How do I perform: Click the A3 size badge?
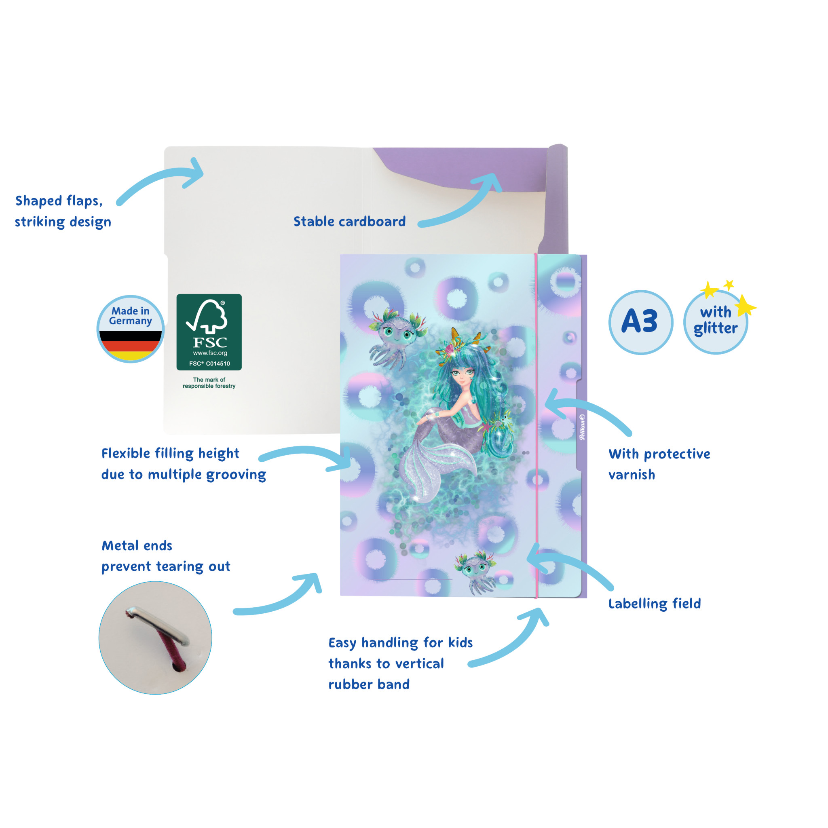(640, 322)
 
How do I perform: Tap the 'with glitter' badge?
(715, 322)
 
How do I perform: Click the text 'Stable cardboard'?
(349, 222)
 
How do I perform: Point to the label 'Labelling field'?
(655, 604)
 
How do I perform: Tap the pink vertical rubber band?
(536, 429)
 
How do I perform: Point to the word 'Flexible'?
(126, 454)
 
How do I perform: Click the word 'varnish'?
(632, 475)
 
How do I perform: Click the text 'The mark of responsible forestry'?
(209, 383)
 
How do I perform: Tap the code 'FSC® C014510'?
(209, 363)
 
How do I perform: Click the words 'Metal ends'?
(137, 545)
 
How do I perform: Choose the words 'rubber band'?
(369, 684)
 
